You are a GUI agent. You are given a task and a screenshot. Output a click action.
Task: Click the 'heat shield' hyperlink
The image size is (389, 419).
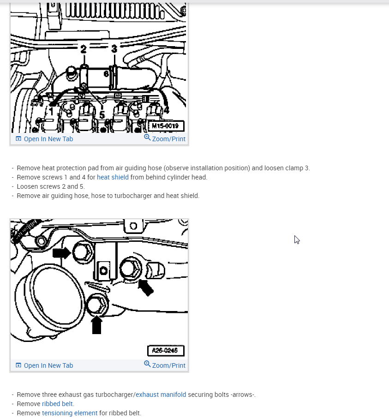(x=113, y=177)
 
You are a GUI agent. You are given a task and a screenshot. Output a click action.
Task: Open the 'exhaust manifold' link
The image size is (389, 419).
(x=161, y=395)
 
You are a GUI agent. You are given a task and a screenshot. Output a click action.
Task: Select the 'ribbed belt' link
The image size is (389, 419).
(x=57, y=404)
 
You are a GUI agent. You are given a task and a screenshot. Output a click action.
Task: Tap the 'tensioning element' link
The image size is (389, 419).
(x=70, y=413)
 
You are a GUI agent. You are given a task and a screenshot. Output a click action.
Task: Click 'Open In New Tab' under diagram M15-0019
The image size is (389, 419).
(x=44, y=139)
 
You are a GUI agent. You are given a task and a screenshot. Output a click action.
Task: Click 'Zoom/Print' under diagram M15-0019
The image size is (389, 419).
(x=165, y=138)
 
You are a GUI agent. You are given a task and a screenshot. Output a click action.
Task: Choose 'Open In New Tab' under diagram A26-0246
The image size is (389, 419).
(x=44, y=365)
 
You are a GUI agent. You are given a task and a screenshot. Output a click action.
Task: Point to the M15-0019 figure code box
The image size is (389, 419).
(x=166, y=126)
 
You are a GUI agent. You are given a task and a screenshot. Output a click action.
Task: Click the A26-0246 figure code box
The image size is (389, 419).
(x=166, y=351)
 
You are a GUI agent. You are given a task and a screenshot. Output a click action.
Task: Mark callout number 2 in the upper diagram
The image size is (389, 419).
(x=84, y=49)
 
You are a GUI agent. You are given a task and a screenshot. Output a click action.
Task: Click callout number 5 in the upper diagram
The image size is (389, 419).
(x=102, y=115)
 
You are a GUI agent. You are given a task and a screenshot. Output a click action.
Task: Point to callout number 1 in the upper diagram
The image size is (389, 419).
(x=51, y=111)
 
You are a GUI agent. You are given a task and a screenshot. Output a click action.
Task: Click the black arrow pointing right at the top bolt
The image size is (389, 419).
(x=62, y=253)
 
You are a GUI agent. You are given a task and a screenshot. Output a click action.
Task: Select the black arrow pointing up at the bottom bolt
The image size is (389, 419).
(x=96, y=325)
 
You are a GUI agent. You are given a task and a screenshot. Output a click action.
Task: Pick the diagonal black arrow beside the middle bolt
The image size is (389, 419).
(x=146, y=287)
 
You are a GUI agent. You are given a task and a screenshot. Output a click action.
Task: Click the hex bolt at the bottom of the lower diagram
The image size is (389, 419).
(x=97, y=305)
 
